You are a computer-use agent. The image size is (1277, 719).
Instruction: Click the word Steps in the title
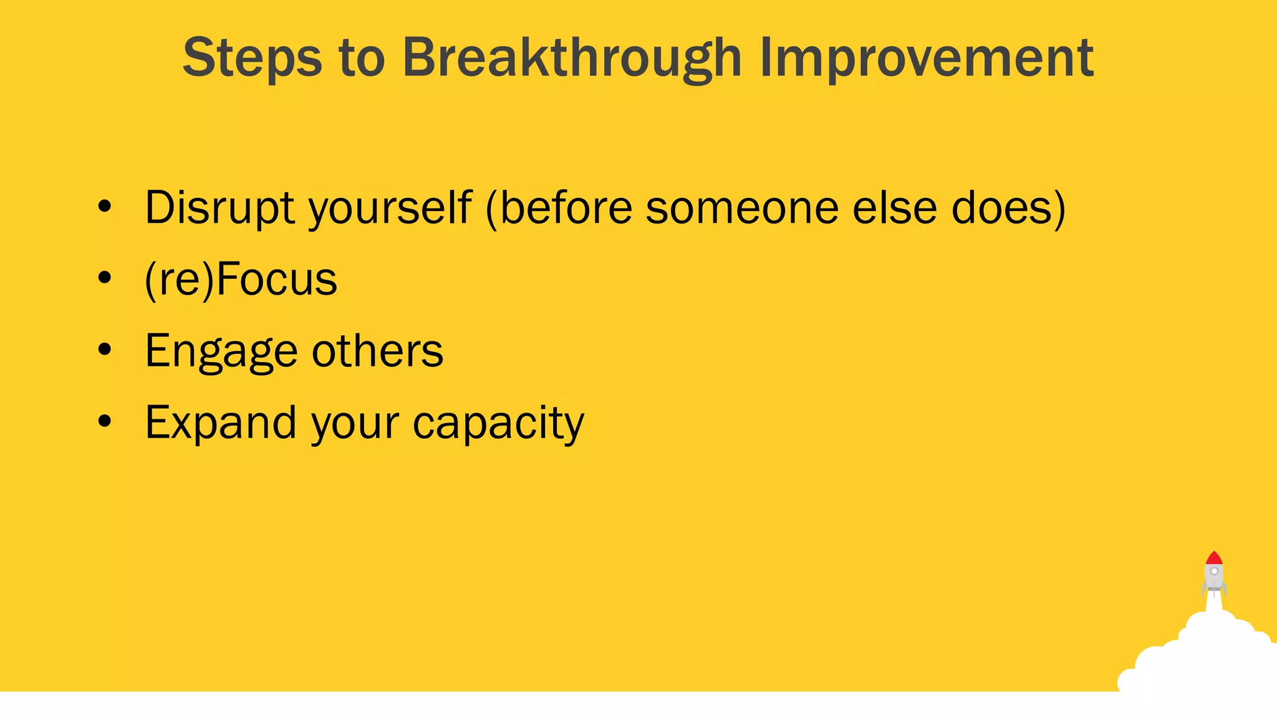[x=252, y=57]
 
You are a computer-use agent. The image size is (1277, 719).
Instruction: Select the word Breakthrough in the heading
[x=572, y=57]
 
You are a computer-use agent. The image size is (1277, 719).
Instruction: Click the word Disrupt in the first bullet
[x=219, y=207]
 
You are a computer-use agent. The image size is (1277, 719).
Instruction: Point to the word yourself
[x=390, y=208]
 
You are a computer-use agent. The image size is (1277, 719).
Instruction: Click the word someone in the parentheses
[x=742, y=208]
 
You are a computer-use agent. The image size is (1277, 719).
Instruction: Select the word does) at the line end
[x=1008, y=208]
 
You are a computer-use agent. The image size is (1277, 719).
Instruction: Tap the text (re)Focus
[x=241, y=280]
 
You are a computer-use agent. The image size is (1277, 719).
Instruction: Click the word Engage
[x=221, y=351]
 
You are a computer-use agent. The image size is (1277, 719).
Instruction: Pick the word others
[x=377, y=351]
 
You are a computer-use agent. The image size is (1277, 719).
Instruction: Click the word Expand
[x=220, y=423]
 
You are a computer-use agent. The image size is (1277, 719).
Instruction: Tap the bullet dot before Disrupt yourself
[x=105, y=207]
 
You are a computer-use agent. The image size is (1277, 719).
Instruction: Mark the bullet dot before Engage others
[x=105, y=350]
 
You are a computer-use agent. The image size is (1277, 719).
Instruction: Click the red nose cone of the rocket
[x=1213, y=558]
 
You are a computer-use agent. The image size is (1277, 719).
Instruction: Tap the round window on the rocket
[x=1214, y=571]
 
